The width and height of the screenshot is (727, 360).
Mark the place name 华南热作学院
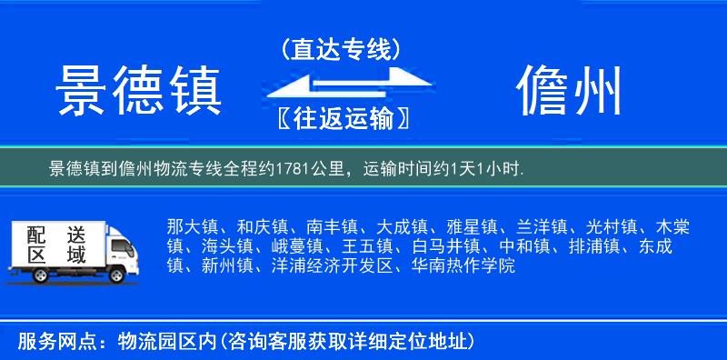point(463,266)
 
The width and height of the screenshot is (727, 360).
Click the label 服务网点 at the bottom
point(50,341)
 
